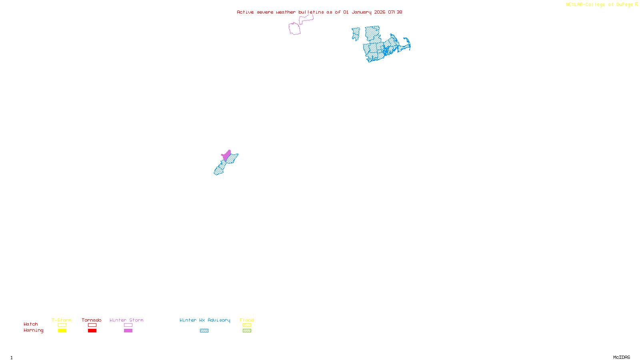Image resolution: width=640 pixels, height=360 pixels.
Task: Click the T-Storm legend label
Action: coord(62,320)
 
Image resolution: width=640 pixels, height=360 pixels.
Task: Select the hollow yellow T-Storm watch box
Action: coord(62,325)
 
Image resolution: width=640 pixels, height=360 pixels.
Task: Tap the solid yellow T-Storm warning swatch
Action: coord(62,331)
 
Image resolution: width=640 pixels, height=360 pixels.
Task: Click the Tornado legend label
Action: coord(92,320)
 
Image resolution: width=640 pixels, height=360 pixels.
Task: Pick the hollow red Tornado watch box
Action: coord(92,325)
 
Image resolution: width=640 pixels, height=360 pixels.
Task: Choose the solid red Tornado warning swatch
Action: coord(92,331)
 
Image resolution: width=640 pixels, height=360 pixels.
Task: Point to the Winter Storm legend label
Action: coord(126,320)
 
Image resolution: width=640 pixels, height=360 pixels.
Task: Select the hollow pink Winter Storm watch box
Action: coord(128,325)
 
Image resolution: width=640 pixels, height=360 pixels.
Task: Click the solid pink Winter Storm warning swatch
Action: coord(128,331)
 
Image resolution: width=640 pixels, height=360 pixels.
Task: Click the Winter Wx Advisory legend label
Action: coord(205,320)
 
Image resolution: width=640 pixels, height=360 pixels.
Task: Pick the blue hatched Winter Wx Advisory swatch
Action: coord(204,331)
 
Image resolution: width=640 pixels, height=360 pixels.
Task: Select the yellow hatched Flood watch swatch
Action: coord(247,325)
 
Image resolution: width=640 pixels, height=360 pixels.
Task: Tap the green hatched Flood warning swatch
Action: coord(247,331)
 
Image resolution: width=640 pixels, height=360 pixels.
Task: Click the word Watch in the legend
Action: coord(31,324)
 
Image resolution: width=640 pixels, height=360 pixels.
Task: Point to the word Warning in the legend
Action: coord(34,330)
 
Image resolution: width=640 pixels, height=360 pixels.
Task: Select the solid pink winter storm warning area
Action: coord(227,155)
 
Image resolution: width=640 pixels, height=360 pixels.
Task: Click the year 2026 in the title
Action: coord(380,12)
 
